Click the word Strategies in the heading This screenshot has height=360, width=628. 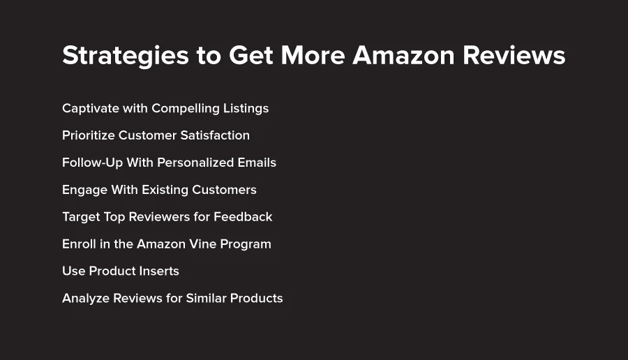[126, 56]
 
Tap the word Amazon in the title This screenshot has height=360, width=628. [403, 55]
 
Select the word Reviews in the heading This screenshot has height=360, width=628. [514, 55]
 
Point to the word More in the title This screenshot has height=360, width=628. [313, 55]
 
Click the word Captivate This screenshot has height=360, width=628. [91, 109]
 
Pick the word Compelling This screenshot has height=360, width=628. [186, 109]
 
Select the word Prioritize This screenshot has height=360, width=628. [89, 135]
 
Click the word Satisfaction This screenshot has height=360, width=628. [215, 135]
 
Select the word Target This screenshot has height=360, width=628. [82, 217]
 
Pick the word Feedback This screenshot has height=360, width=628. [243, 217]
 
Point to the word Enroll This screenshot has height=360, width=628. [79, 244]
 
